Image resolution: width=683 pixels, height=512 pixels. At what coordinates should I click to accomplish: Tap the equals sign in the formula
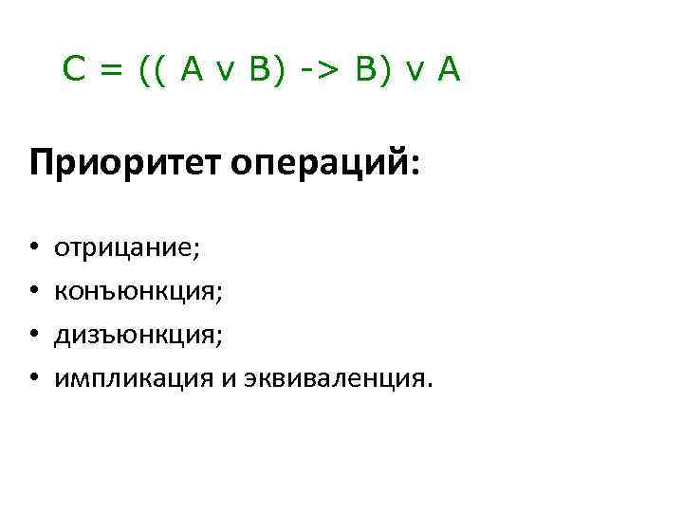[112, 70]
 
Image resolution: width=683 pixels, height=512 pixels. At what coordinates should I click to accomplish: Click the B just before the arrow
[258, 69]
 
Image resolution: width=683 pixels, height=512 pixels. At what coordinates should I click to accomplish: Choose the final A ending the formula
[449, 69]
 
